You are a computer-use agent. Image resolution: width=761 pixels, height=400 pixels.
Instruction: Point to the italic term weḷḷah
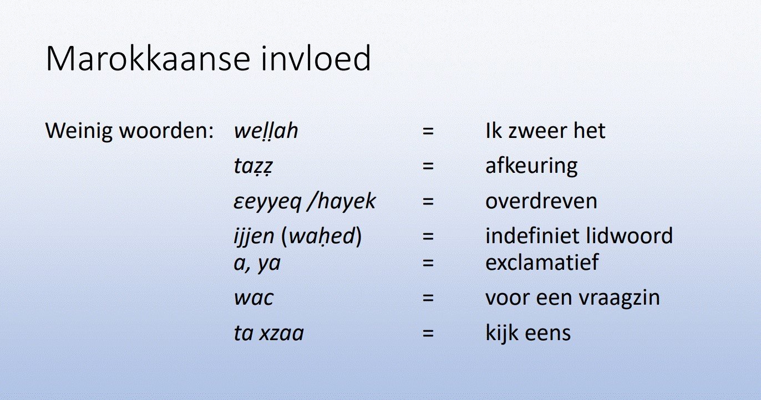[266, 131]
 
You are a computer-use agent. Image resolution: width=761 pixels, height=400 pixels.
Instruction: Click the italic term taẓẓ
[253, 166]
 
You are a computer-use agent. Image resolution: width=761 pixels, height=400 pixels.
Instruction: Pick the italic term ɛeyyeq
[267, 201]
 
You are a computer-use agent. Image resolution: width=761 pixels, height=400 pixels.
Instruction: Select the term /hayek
[342, 201]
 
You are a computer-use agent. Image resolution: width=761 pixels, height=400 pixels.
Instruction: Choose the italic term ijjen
[254, 237]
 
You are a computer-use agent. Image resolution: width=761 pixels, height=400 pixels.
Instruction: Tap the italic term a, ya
[257, 263]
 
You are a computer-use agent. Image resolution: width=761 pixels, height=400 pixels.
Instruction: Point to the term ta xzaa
[268, 334]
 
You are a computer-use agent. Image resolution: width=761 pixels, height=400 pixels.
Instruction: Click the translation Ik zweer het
[545, 131]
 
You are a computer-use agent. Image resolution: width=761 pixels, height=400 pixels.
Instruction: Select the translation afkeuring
[531, 166]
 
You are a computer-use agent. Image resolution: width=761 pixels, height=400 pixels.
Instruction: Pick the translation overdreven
[541, 201]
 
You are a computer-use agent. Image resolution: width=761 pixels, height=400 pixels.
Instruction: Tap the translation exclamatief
[542, 263]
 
